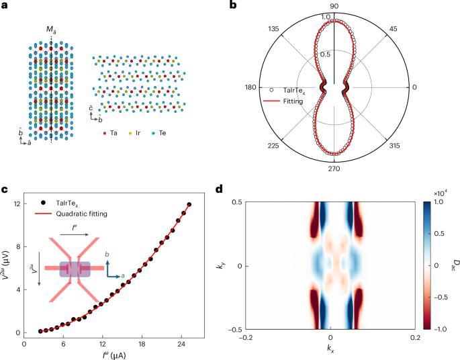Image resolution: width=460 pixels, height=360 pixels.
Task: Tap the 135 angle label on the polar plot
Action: pyautogui.click(x=274, y=30)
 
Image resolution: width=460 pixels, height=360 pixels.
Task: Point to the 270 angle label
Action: pyautogui.click(x=334, y=169)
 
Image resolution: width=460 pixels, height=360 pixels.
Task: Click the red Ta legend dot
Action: pyautogui.click(x=105, y=133)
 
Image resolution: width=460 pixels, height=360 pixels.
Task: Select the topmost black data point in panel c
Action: pyautogui.click(x=189, y=205)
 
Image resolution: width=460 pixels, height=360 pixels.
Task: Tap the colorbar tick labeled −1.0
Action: pyautogui.click(x=439, y=331)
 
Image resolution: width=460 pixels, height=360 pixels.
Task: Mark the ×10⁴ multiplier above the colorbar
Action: pyautogui.click(x=438, y=193)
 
